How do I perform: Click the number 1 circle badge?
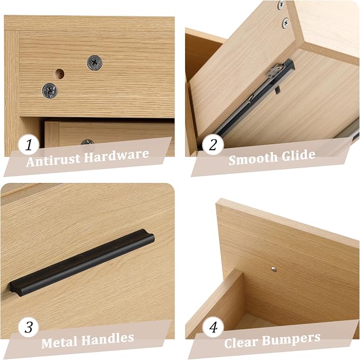point(29,145)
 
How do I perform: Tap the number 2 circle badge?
point(213,145)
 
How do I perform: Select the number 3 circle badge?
point(29,327)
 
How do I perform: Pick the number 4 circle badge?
point(213,327)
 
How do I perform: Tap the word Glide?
point(298,155)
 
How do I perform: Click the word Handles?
point(108,339)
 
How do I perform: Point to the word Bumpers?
point(291,339)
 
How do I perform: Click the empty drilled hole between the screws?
point(59,74)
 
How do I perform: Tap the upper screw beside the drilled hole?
point(94,63)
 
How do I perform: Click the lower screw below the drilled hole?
point(50,91)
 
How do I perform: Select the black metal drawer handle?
point(82,262)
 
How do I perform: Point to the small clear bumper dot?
point(274,269)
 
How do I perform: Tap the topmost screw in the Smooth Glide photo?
point(281,5)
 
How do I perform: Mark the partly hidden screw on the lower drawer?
point(87,142)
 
